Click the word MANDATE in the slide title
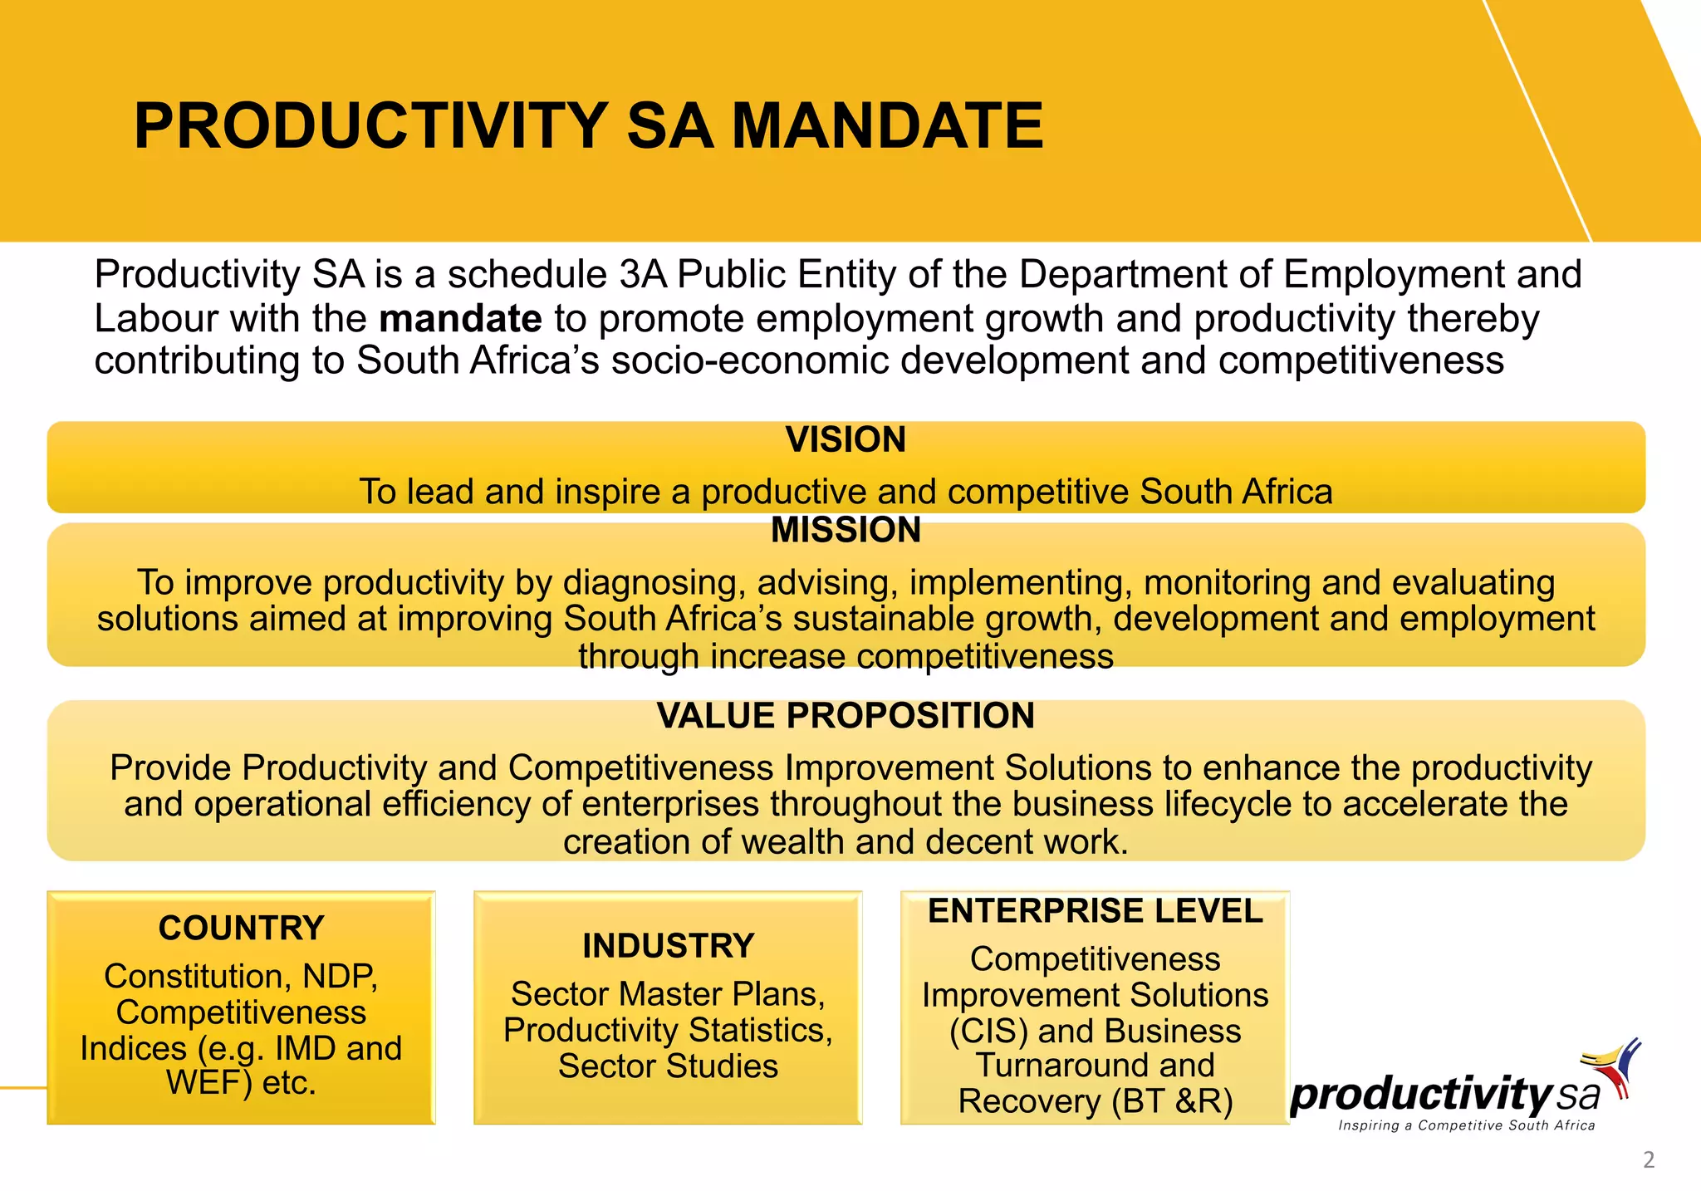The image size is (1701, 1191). point(886,126)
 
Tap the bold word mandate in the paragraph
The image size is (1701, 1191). point(461,318)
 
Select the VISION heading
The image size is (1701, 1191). point(846,439)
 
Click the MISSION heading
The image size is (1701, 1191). point(846,530)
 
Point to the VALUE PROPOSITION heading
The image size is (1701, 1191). point(846,716)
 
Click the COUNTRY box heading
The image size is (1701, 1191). point(241,928)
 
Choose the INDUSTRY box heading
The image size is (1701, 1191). point(668,946)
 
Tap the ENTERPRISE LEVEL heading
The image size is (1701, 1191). point(1095,911)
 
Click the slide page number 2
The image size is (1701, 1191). point(1649,1160)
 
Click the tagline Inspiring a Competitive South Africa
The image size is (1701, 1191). point(1466,1125)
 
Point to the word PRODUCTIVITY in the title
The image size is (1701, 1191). point(370,126)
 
